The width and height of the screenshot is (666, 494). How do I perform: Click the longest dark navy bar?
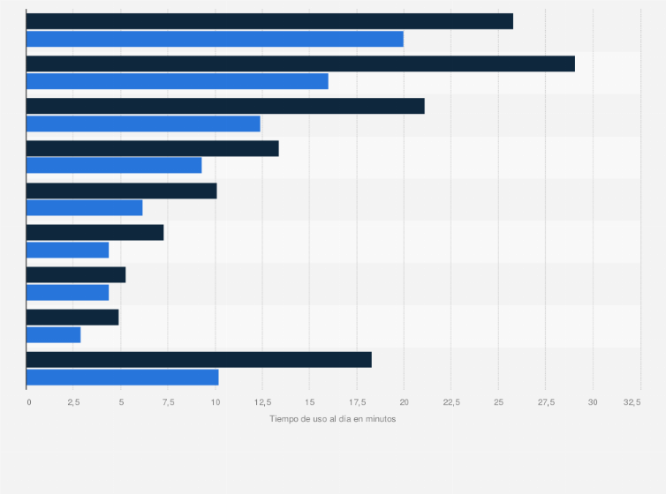[x=300, y=64]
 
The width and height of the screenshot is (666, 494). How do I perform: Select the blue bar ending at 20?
[x=215, y=39]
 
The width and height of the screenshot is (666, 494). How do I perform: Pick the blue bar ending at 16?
[x=177, y=81]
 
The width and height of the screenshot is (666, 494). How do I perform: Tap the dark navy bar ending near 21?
[x=225, y=106]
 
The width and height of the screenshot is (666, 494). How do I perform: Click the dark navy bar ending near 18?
[x=199, y=360]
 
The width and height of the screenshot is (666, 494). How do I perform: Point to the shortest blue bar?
[x=53, y=335]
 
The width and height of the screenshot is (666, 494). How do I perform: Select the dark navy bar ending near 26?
[x=269, y=21]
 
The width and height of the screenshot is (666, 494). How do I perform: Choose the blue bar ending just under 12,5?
[x=143, y=123]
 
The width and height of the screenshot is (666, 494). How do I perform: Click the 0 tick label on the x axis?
[x=28, y=402]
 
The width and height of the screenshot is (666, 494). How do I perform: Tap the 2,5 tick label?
[x=73, y=402]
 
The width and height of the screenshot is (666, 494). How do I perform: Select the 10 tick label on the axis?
[x=215, y=402]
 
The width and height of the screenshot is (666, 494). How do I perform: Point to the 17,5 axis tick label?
[x=356, y=402]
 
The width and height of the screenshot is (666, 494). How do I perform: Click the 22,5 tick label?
[x=450, y=402]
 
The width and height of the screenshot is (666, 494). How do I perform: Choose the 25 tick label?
[x=498, y=402]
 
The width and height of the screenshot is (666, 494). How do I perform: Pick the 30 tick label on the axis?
[x=593, y=402]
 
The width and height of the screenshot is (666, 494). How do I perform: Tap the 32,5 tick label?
[x=632, y=402]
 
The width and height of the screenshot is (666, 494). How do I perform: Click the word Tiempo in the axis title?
[x=284, y=419]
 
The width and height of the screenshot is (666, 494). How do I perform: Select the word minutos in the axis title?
[x=378, y=419]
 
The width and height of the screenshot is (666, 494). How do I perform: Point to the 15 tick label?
[x=309, y=402]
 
